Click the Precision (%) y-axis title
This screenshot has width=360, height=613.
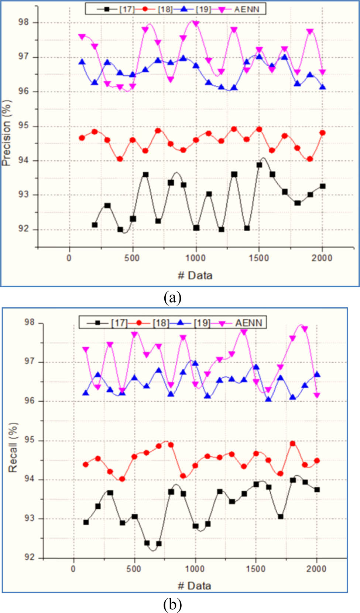tap(7, 133)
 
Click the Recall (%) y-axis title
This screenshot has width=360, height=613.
tap(13, 447)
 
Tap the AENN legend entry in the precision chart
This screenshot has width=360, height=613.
tap(246, 9)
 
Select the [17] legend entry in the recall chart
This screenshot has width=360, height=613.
tap(119, 323)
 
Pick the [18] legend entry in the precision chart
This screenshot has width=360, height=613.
tap(165, 9)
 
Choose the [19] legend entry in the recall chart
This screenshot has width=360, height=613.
tap(202, 323)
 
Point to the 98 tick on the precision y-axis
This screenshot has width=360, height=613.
tap(23, 22)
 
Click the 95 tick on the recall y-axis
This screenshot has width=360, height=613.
tap(30, 440)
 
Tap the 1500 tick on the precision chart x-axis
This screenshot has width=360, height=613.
tap(259, 258)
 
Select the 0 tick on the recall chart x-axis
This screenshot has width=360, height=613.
tap(73, 569)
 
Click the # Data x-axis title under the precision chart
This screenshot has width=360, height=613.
tap(195, 275)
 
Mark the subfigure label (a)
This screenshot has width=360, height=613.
tap(172, 297)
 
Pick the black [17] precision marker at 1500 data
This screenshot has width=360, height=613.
tap(259, 165)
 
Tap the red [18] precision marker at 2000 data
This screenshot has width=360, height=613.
tap(322, 133)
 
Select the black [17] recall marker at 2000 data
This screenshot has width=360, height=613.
tap(317, 490)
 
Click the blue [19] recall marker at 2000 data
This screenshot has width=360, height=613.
tap(317, 374)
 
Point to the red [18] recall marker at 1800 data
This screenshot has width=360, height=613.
tap(292, 443)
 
